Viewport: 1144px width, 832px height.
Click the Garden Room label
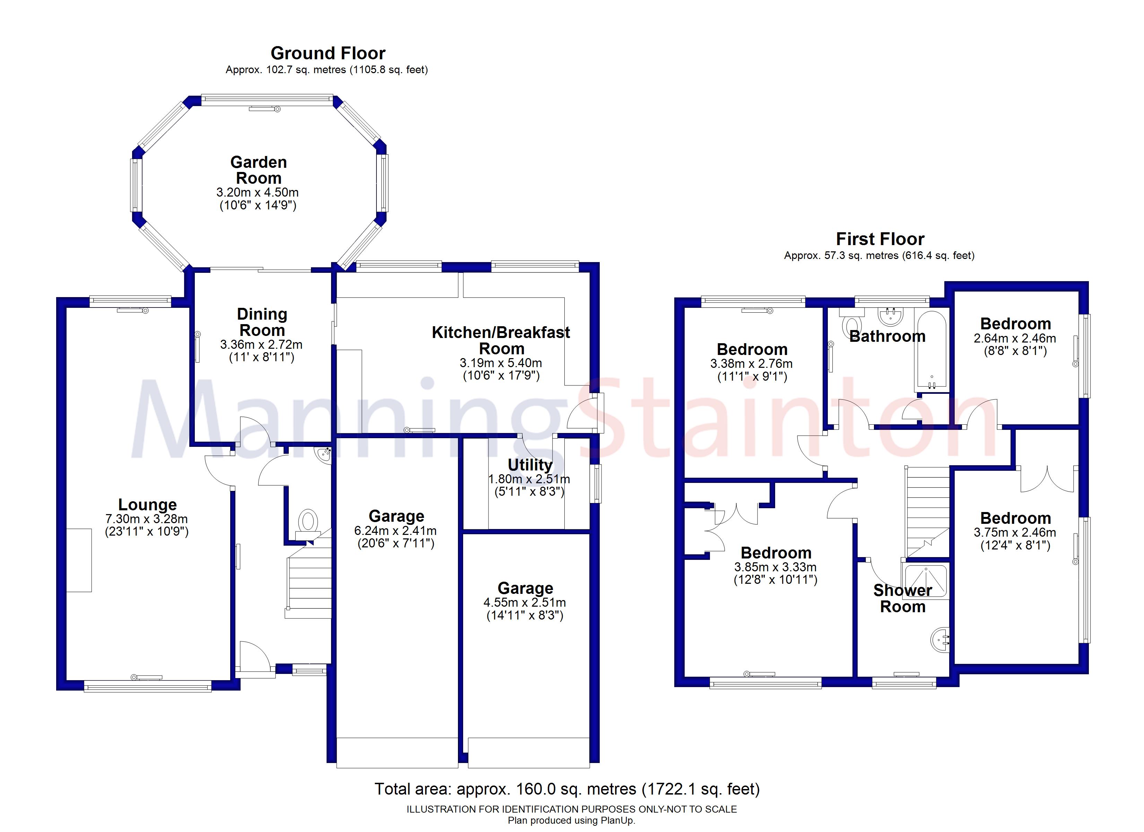258,170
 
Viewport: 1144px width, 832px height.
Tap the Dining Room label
262,322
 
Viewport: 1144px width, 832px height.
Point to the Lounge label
147,504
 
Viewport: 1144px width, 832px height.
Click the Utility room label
530,464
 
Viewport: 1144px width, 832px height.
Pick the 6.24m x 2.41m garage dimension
396,531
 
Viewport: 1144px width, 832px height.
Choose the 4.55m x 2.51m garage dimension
525,603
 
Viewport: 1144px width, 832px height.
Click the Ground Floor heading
328,53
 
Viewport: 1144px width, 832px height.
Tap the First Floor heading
880,239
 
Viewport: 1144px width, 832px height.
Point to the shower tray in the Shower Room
926,581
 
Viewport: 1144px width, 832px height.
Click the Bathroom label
887,337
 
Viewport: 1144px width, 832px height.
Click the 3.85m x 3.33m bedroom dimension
775,567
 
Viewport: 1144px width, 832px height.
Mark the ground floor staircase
309,580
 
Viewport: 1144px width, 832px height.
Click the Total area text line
566,789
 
